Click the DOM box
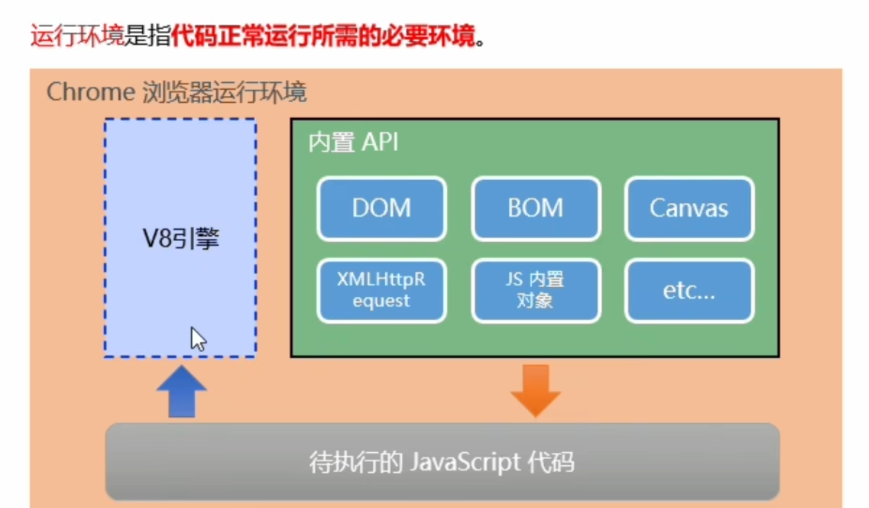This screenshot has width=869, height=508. pyautogui.click(x=381, y=208)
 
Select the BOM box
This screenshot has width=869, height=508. pyautogui.click(x=536, y=208)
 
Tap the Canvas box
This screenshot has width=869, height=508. pyautogui.click(x=689, y=208)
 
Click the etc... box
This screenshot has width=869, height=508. pyautogui.click(x=689, y=291)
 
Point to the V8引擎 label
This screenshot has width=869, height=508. pyautogui.click(x=181, y=239)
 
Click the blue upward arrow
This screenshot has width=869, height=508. pyautogui.click(x=182, y=392)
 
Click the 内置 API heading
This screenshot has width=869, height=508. pyautogui.click(x=353, y=142)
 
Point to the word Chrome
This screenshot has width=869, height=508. pyautogui.click(x=91, y=92)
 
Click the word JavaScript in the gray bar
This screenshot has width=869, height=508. pyautogui.click(x=465, y=462)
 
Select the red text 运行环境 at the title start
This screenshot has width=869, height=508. pyautogui.click(x=77, y=36)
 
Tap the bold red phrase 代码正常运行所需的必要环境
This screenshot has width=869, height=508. pyautogui.click(x=323, y=36)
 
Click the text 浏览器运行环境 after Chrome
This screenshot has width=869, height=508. pyautogui.click(x=224, y=92)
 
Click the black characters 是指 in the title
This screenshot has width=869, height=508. pyautogui.click(x=147, y=36)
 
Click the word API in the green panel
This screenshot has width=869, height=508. pyautogui.click(x=380, y=142)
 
